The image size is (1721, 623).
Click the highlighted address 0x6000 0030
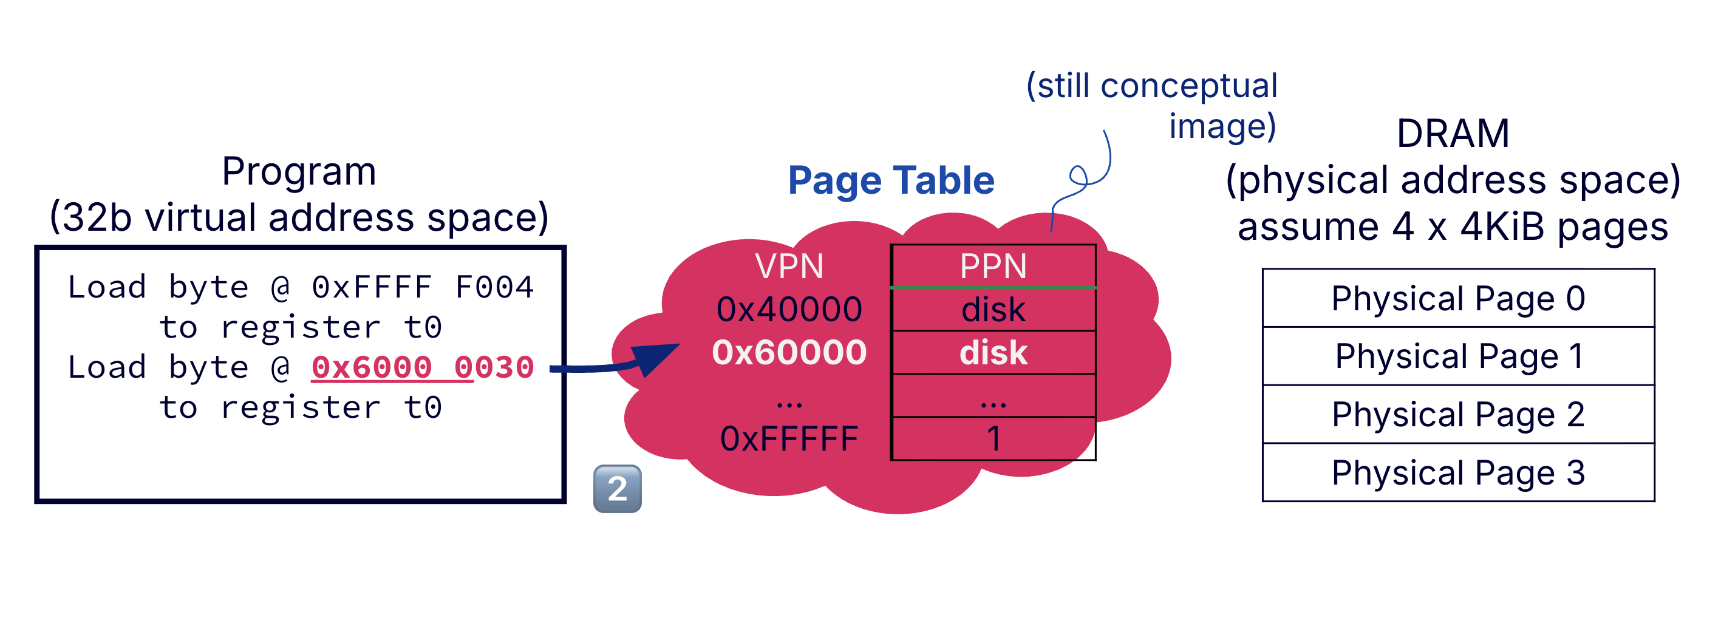[x=422, y=367]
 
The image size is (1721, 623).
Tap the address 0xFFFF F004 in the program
[x=422, y=287]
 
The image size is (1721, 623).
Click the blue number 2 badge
[x=618, y=489]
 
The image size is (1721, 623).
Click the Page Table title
[x=891, y=180]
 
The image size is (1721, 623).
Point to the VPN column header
[x=789, y=267]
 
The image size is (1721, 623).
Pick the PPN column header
[x=993, y=267]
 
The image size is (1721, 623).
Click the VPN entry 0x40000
[x=789, y=309]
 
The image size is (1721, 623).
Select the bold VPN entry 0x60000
[x=789, y=352]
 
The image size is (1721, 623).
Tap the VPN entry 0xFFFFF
[x=789, y=438]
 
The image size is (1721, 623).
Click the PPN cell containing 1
[x=993, y=438]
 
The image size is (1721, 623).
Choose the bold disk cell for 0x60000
[x=993, y=352]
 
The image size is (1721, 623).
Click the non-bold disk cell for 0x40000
[x=993, y=309]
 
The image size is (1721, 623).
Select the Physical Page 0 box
[x=1458, y=298]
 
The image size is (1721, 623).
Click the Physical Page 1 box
[x=1458, y=356]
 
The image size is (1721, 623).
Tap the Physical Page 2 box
[x=1458, y=414]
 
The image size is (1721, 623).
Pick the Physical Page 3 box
[x=1458, y=472]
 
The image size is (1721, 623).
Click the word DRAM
[x=1453, y=133]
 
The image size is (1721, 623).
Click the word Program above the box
[x=299, y=171]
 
